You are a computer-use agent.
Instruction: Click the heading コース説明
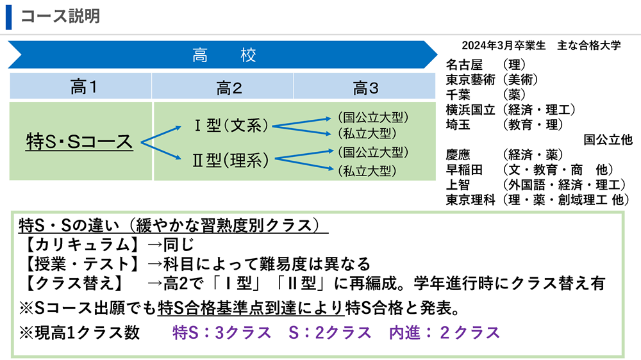(x=60, y=17)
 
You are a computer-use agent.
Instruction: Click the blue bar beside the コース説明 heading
(x=8, y=17)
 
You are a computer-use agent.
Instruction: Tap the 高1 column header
(x=83, y=87)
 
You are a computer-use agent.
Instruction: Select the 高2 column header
(x=229, y=88)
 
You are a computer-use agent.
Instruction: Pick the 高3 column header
(x=365, y=88)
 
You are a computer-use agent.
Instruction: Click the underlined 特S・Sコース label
(x=79, y=142)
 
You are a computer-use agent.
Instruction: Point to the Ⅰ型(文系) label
(x=231, y=126)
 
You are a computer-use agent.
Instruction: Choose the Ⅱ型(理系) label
(x=231, y=160)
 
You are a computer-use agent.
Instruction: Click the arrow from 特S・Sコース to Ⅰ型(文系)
(x=161, y=135)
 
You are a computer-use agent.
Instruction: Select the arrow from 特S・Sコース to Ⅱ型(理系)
(x=161, y=151)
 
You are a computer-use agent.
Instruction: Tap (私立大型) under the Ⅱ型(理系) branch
(x=367, y=171)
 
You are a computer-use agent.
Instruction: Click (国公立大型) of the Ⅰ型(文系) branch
(x=373, y=117)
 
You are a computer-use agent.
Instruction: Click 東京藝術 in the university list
(x=470, y=79)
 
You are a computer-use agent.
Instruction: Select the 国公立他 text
(x=608, y=140)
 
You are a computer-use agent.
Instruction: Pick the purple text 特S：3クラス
(x=222, y=333)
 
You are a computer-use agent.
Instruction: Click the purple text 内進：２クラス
(x=445, y=333)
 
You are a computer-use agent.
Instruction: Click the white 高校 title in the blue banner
(x=224, y=55)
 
